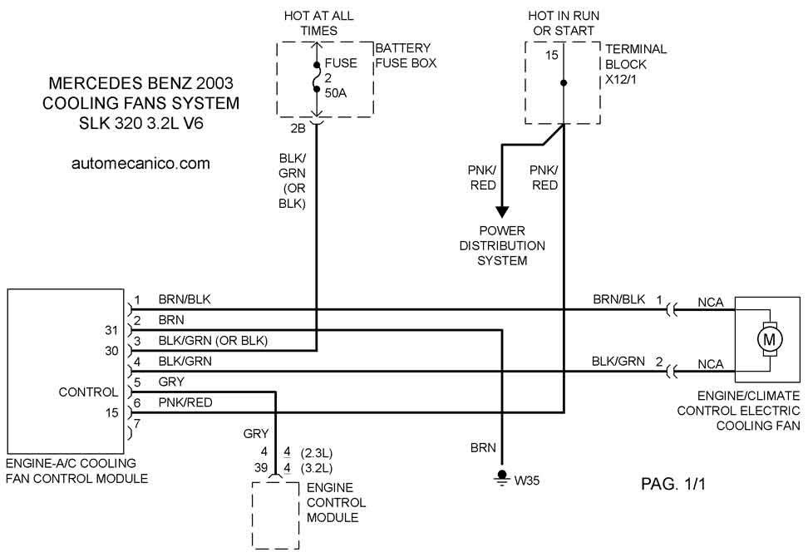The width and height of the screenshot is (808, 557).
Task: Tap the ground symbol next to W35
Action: click(x=501, y=476)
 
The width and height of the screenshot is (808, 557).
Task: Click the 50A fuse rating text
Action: click(x=336, y=92)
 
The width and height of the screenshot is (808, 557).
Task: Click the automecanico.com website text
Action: click(x=140, y=164)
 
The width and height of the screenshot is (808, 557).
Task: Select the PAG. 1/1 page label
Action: click(x=673, y=484)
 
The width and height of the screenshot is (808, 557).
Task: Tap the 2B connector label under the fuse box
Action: click(x=297, y=128)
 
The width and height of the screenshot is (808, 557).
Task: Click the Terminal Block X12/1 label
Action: click(x=637, y=62)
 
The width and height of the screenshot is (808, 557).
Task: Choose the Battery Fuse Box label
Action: click(x=405, y=56)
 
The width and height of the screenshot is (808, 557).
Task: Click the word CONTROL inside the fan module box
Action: click(x=88, y=392)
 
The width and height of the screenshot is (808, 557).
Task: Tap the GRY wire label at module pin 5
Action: click(x=171, y=382)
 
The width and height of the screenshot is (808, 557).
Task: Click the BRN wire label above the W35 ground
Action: click(x=482, y=447)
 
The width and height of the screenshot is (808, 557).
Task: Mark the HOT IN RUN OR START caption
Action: click(x=564, y=23)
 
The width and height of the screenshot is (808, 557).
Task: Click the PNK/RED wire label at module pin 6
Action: click(x=185, y=402)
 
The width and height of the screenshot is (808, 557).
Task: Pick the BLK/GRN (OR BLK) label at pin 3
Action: click(x=213, y=340)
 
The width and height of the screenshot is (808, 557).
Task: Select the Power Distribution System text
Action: click(x=502, y=245)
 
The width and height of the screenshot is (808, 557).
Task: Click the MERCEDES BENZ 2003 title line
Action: click(x=141, y=83)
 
